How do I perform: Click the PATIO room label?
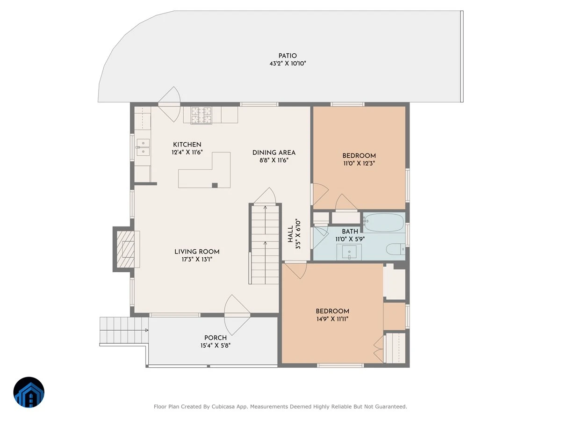pyautogui.click(x=288, y=56)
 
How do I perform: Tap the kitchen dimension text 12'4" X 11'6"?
pyautogui.click(x=187, y=152)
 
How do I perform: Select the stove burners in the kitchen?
pyautogui.click(x=201, y=116)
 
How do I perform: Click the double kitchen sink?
pyautogui.click(x=143, y=147)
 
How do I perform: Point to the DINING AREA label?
pyautogui.click(x=274, y=152)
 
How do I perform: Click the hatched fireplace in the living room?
pyautogui.click(x=125, y=249)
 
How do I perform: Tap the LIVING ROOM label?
pyautogui.click(x=197, y=252)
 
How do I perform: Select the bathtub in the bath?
pyautogui.click(x=384, y=222)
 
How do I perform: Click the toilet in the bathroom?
pyautogui.click(x=396, y=249)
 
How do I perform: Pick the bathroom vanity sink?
pyautogui.click(x=349, y=252)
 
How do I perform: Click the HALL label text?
pyautogui.click(x=290, y=234)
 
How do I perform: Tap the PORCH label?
pyautogui.click(x=216, y=338)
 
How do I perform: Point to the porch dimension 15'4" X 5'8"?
pyautogui.click(x=216, y=345)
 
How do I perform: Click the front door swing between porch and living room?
pyautogui.click(x=237, y=315)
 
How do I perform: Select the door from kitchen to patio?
pyautogui.click(x=169, y=104)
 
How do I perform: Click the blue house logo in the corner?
pyautogui.click(x=29, y=392)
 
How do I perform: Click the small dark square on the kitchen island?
pyautogui.click(x=215, y=185)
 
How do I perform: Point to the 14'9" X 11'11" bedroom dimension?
pyautogui.click(x=332, y=319)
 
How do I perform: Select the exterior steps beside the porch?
pyautogui.click(x=124, y=330)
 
